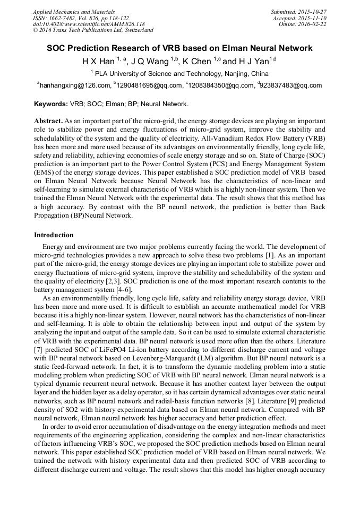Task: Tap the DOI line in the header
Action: (x=89, y=24)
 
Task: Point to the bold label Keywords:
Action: (x=51, y=104)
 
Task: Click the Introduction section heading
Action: (x=54, y=235)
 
